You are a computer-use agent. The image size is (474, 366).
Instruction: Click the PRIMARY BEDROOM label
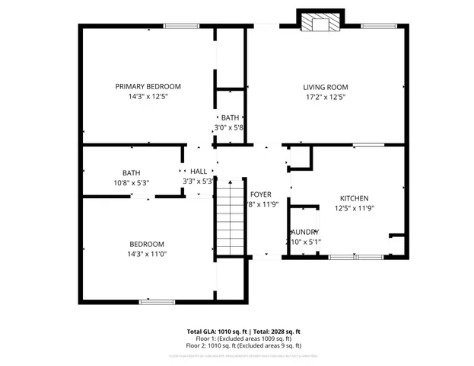(148, 87)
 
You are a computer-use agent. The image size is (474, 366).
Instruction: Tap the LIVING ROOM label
(325, 87)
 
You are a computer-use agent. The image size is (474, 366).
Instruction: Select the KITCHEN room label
(354, 197)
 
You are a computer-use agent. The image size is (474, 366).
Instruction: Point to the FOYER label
(260, 194)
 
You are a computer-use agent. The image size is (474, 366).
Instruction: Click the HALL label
(199, 172)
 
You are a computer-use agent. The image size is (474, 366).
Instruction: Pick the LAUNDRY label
(304, 232)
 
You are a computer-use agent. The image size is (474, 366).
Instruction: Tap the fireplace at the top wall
(319, 23)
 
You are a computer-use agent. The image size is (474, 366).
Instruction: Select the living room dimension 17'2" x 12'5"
(325, 98)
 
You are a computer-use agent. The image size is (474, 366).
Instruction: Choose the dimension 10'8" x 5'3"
(131, 183)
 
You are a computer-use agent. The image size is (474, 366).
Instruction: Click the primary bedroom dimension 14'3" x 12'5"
(148, 98)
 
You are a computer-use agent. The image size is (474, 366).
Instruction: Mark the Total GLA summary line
(243, 332)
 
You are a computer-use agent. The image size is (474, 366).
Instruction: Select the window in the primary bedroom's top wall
(177, 27)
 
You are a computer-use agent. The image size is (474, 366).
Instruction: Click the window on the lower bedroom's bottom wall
(155, 301)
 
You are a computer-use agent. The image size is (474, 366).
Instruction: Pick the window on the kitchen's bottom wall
(357, 258)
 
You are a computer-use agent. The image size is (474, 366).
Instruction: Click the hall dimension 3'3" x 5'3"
(199, 181)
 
